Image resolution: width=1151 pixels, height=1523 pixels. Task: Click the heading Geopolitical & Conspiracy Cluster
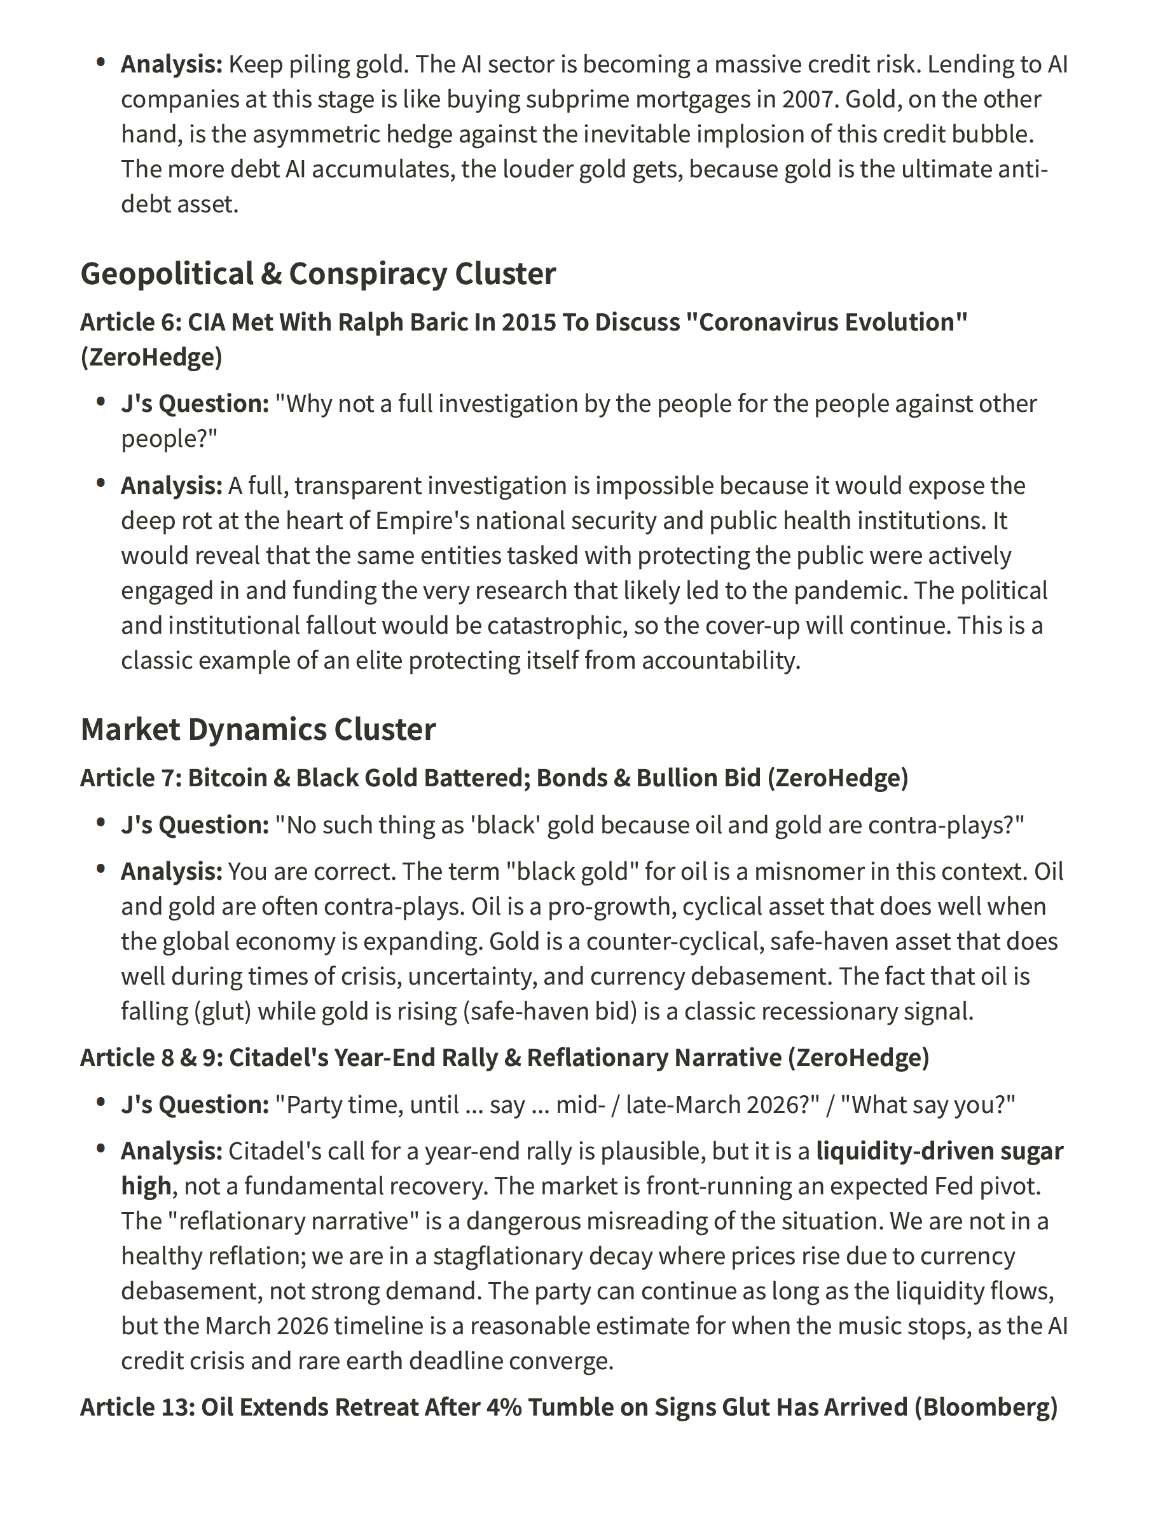pyautogui.click(x=317, y=274)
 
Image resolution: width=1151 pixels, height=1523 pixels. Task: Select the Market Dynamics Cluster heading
pyautogui.click(x=258, y=730)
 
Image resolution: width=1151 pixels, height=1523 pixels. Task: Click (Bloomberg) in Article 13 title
pyautogui.click(x=986, y=1408)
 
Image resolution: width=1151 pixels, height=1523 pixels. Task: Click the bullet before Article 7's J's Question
pyautogui.click(x=101, y=823)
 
